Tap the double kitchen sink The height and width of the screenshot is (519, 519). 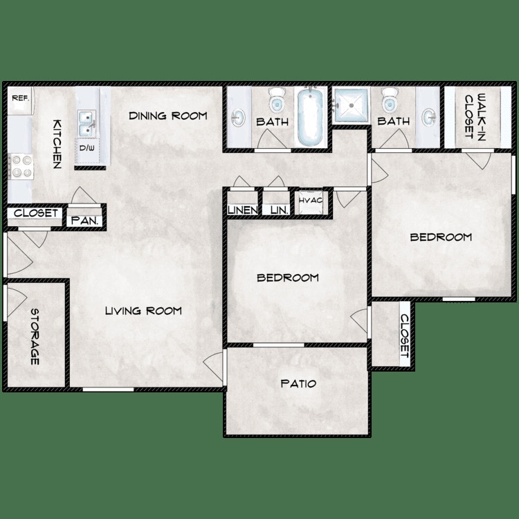86,125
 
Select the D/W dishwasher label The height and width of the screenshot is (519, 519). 86,149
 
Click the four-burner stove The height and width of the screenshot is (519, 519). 19,166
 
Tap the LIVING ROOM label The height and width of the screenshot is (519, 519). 143,311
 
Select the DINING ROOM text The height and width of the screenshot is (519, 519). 167,116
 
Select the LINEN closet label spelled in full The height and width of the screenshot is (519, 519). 243,210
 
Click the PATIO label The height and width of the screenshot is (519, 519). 298,383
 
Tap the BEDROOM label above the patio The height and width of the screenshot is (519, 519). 288,278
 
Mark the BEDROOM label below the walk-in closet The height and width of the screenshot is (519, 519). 441,237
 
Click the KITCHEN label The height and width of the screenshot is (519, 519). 57,143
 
